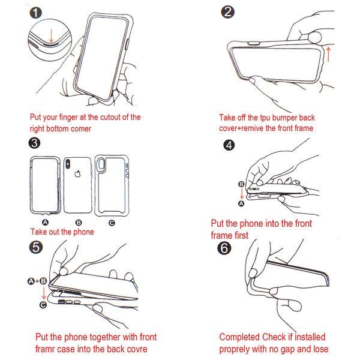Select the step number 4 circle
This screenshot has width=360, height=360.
tap(229, 145)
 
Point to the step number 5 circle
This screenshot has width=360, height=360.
tap(36, 247)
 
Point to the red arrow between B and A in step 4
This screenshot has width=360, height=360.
tap(242, 194)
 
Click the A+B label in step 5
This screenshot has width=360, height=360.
tap(37, 281)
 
